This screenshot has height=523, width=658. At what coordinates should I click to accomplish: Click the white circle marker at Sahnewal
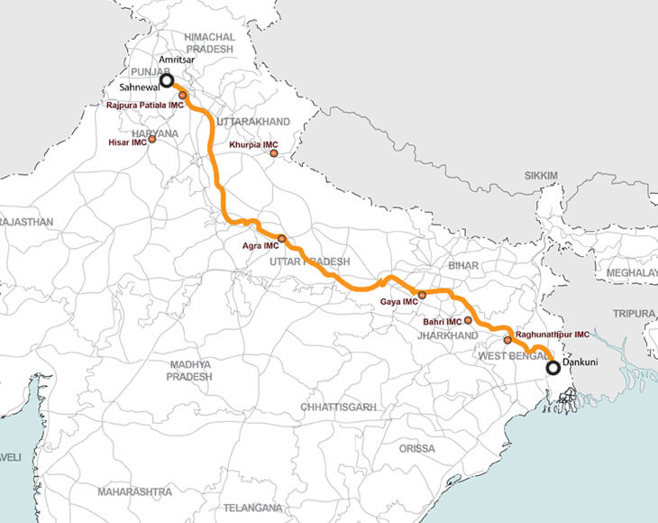(x=167, y=81)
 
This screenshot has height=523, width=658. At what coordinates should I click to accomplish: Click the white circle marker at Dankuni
(x=553, y=367)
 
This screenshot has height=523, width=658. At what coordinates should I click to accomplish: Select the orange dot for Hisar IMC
(x=151, y=139)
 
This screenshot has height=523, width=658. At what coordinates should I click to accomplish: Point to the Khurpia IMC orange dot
(x=273, y=153)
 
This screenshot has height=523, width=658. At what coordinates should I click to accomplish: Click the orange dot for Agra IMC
(x=281, y=238)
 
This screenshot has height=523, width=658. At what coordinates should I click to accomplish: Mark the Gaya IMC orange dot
(x=422, y=295)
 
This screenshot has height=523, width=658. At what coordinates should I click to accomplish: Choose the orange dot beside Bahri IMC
(x=468, y=321)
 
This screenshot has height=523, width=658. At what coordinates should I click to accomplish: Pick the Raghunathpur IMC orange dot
(x=507, y=340)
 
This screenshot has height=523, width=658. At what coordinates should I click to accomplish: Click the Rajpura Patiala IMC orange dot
(x=182, y=95)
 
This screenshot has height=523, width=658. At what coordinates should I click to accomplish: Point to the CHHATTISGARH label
(x=338, y=408)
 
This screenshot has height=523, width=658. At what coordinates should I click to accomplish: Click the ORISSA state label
(x=416, y=448)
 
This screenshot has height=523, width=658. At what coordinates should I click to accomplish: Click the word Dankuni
(x=580, y=362)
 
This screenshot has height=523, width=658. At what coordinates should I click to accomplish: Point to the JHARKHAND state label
(x=447, y=335)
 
